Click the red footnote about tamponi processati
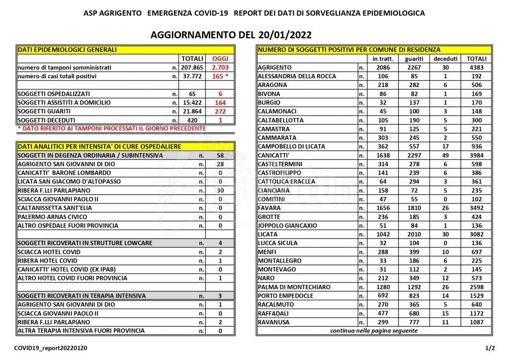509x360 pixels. (x=111, y=128)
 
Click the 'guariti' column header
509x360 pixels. (x=415, y=59)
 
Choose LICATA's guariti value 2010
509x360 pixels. (x=415, y=234)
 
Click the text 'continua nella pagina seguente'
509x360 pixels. (x=374, y=331)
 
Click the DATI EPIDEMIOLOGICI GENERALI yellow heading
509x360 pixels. (x=68, y=50)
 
